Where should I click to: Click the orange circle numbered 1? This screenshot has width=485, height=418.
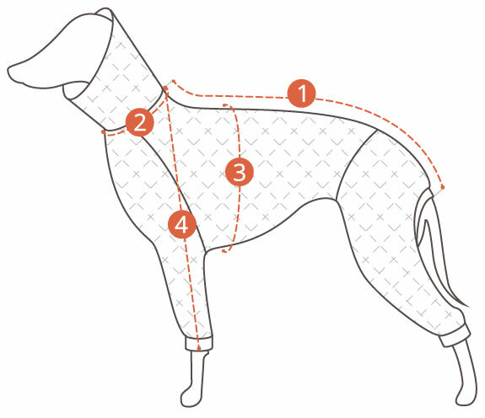click(x=302, y=94)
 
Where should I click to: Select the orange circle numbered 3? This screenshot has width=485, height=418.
click(x=240, y=172)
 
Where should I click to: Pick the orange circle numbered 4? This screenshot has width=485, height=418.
click(x=182, y=224)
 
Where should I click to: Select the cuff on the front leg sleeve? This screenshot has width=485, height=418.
click(x=200, y=343)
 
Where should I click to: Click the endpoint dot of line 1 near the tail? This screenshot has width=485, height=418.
click(x=443, y=187)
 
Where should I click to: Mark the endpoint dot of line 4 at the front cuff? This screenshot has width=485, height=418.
click(x=199, y=348)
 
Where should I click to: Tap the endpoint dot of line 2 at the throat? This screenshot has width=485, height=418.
click(x=103, y=132)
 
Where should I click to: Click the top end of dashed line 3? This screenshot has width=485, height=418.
click(x=224, y=105)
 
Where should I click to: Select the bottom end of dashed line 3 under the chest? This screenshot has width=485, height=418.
click(x=224, y=251)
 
